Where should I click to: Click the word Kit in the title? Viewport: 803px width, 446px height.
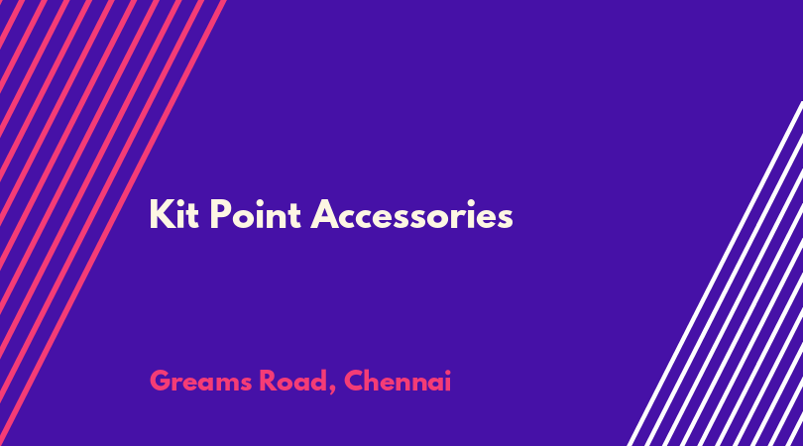[x=173, y=214]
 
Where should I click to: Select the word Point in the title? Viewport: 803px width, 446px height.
[x=255, y=214]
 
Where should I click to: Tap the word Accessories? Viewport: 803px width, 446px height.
[x=411, y=214]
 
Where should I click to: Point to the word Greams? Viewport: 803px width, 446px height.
[x=200, y=381]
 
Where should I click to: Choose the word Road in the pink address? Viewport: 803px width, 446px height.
[x=293, y=381]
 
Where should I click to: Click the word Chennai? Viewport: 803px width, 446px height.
[x=398, y=381]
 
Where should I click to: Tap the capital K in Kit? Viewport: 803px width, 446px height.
[x=161, y=214]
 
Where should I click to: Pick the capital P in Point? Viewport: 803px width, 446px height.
[x=220, y=214]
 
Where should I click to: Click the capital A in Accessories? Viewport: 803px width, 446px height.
[x=325, y=214]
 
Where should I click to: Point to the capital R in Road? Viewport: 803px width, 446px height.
[x=269, y=381]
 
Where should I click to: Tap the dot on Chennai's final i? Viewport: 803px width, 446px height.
[x=447, y=373]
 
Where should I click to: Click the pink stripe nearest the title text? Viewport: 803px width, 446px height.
[x=112, y=223]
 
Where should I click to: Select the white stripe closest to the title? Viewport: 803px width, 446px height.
[x=715, y=274]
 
